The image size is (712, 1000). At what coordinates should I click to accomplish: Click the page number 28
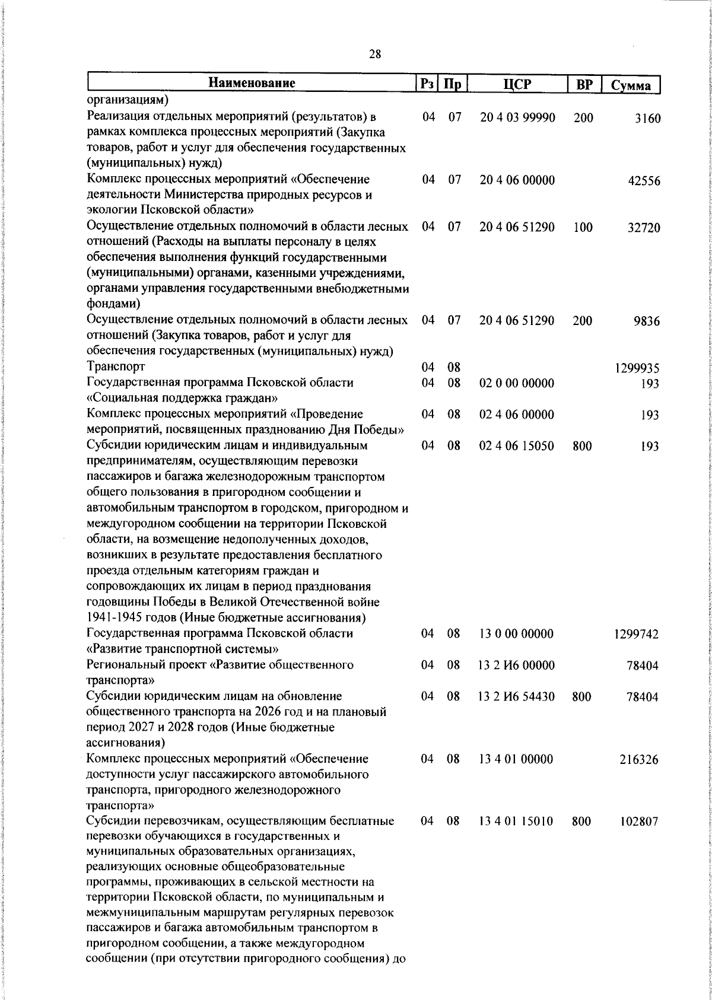click(374, 55)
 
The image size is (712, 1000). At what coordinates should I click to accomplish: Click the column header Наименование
click(252, 84)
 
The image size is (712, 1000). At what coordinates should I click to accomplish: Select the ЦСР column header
click(517, 84)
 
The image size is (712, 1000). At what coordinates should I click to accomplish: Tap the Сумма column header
click(631, 85)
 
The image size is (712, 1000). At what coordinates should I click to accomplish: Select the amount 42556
click(644, 181)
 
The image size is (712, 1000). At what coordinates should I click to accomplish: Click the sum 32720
click(644, 228)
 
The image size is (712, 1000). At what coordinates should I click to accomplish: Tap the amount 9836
click(646, 321)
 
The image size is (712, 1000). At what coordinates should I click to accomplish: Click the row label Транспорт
click(116, 367)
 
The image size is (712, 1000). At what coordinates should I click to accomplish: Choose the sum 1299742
click(636, 635)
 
